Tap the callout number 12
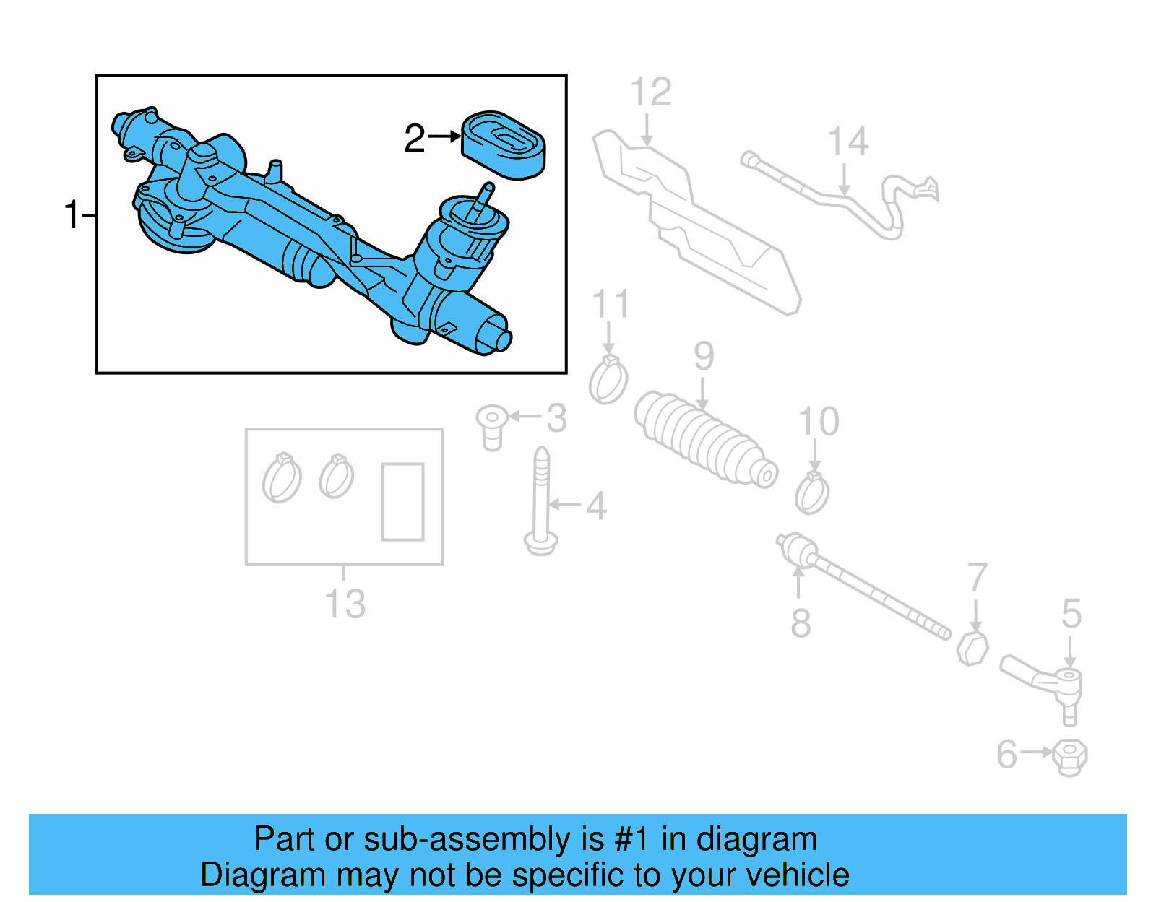click(x=650, y=92)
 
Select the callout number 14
click(x=847, y=142)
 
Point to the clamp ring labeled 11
click(x=608, y=381)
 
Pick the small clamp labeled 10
click(x=812, y=493)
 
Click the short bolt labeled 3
click(x=491, y=426)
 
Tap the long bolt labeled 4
click(x=541, y=502)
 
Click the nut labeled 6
click(x=1069, y=756)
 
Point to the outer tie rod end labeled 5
click(x=1044, y=681)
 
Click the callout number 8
click(x=800, y=623)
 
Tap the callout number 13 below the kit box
click(x=345, y=604)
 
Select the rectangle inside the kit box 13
click(x=402, y=502)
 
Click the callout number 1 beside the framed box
click(x=72, y=215)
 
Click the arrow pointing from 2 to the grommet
click(x=444, y=136)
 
